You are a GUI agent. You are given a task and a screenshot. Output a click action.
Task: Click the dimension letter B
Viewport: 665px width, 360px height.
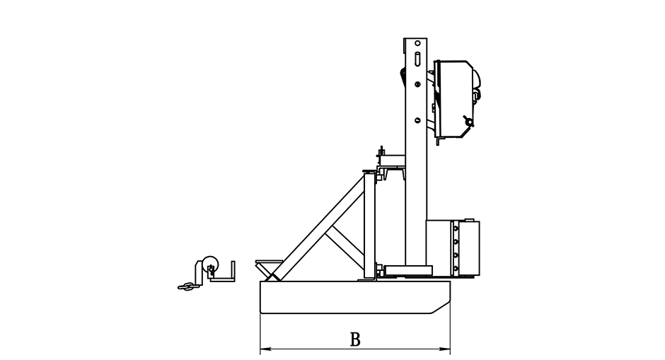point(355,339)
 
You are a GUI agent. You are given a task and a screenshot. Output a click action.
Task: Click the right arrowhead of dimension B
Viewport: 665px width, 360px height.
point(445,349)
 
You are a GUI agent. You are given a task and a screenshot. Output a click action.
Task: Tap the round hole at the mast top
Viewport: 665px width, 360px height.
point(417,43)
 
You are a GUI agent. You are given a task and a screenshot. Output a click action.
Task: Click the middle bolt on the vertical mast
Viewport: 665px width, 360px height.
point(417,84)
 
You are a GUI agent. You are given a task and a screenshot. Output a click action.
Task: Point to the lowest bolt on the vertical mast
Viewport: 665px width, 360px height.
point(417,120)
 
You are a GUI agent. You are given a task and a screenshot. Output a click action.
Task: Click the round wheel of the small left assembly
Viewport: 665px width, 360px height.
point(210,265)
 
